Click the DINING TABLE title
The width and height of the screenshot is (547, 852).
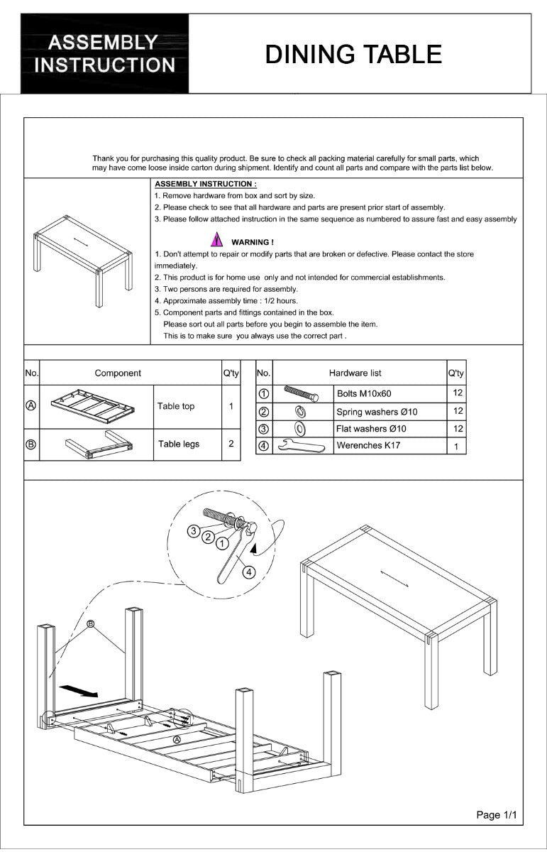tap(353, 55)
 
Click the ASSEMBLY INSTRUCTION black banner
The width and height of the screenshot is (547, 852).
tap(105, 54)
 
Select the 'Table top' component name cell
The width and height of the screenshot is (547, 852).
tap(176, 407)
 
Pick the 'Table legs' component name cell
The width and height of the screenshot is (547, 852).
tap(179, 444)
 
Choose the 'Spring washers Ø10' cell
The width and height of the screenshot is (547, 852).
tap(377, 412)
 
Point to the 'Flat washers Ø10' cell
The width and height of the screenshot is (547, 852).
tap(371, 429)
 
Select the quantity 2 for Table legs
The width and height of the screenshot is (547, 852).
tap(231, 444)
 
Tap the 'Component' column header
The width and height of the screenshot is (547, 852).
tap(118, 373)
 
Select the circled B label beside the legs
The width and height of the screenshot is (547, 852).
tap(90, 624)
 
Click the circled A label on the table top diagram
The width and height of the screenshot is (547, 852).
tap(177, 739)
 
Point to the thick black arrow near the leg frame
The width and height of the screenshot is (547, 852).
tap(78, 690)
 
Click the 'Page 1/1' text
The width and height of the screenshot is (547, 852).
tap(497, 815)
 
